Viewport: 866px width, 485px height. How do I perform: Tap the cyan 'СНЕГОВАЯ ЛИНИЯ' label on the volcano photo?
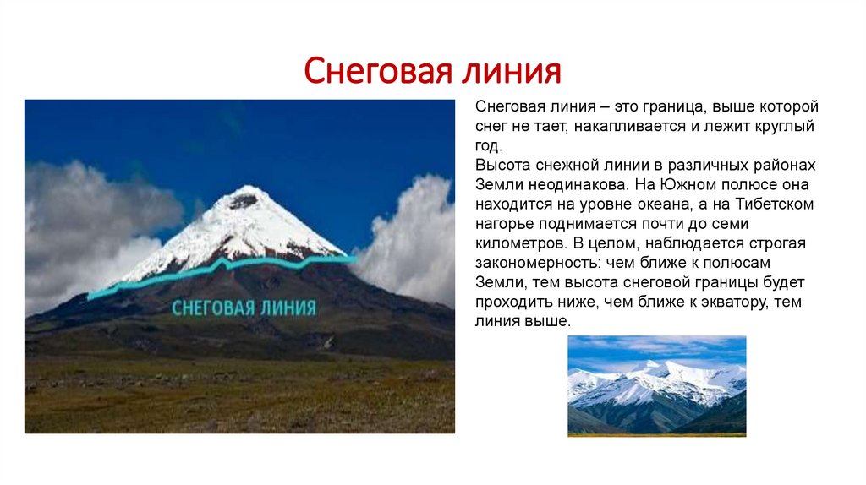point(244,307)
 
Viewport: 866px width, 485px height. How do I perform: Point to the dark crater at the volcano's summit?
point(244,201)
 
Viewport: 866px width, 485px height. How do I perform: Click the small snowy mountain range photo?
point(656,385)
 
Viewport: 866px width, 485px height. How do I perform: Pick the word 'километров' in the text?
point(516,243)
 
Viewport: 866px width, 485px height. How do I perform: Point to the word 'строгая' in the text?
point(780,243)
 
